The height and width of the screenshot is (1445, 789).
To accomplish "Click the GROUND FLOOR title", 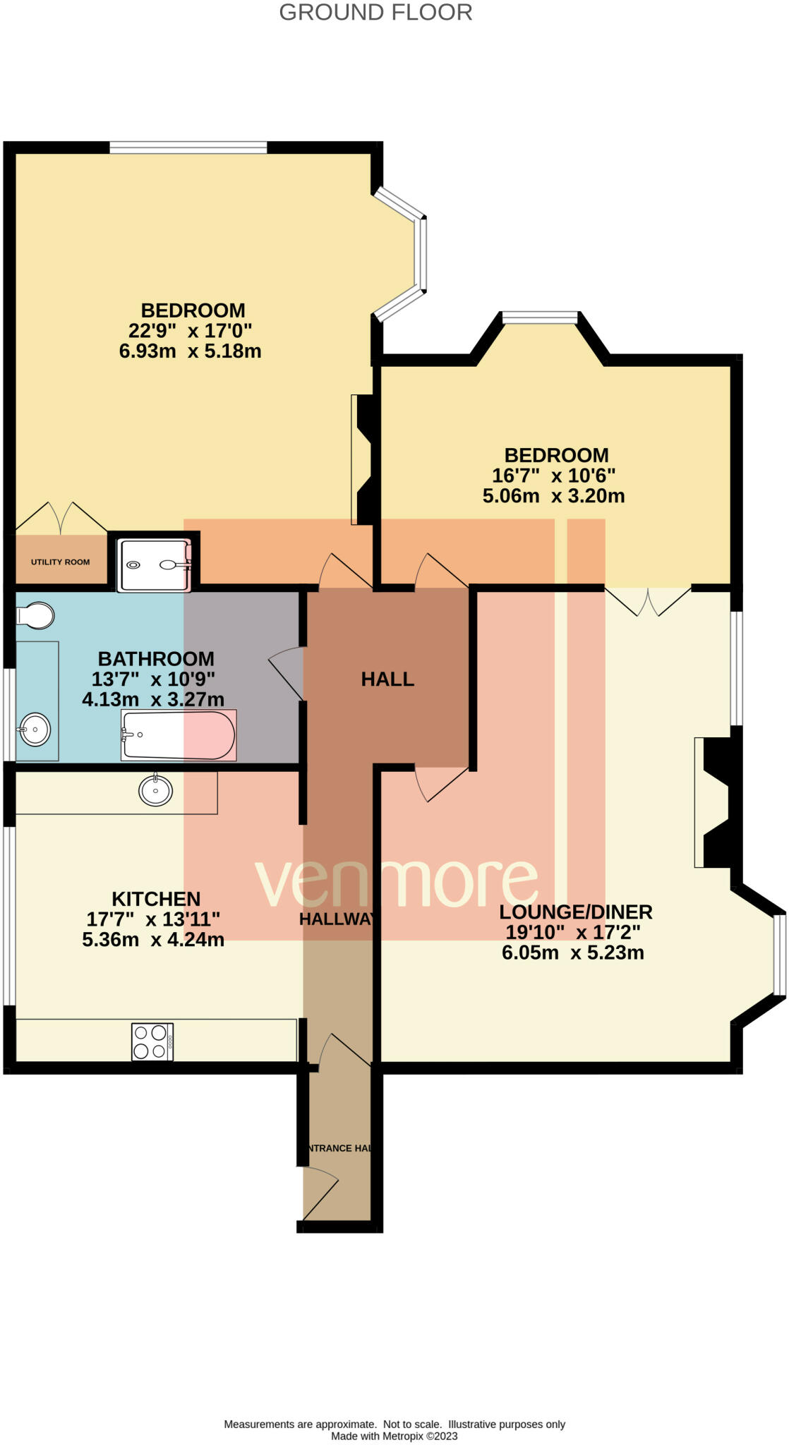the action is pos(375,12).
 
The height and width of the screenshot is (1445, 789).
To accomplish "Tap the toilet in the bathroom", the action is pos(35,615).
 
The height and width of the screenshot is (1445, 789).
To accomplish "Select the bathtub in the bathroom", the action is pos(179,735).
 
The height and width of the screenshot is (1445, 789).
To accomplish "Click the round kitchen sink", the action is pos(156,790).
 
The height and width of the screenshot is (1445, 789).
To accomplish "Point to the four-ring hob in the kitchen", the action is pos(152,1041).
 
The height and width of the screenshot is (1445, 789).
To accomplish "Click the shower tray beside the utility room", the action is pos(155,565).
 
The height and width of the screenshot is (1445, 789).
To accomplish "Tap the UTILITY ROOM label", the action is pos(60,562).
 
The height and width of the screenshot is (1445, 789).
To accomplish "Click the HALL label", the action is pos(387,679).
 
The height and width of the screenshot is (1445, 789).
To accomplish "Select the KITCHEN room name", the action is pos(156,898).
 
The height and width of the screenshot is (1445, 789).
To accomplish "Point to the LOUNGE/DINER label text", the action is pos(576,912).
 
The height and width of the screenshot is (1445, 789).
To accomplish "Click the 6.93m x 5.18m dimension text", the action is pos(191,351).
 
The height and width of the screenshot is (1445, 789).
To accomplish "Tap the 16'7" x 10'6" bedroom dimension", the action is pos(554,476).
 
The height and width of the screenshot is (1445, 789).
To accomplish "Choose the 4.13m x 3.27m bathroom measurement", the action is pos(153,699).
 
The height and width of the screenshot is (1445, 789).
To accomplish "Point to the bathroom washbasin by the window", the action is pos(34,730).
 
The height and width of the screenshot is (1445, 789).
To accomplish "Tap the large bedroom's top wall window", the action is pos(188,147).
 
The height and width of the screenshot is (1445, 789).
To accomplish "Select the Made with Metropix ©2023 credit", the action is pos(394,1436).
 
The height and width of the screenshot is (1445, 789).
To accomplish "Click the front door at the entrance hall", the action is pos(321,1194).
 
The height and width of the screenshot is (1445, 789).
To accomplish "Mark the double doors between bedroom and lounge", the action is pos(648,601).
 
